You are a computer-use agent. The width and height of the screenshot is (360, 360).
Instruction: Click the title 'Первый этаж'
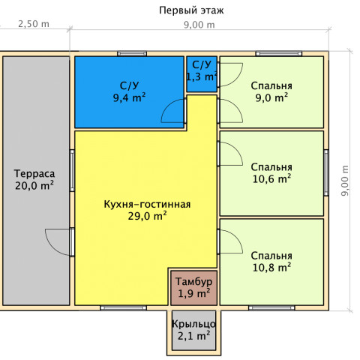(191, 10)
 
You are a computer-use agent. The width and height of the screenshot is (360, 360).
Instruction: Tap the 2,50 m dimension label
(34, 24)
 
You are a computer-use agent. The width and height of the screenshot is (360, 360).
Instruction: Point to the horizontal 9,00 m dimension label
(199, 25)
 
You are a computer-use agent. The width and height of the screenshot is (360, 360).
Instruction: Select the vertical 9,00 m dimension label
(345, 181)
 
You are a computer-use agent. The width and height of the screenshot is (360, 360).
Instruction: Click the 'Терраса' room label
(34, 173)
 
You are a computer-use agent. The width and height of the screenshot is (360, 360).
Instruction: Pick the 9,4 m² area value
(129, 97)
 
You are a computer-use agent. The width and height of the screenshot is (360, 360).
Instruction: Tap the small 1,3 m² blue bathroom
(202, 74)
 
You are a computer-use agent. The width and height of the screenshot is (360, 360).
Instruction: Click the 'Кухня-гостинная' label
(147, 204)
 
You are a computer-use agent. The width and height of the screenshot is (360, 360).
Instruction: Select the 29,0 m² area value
(148, 216)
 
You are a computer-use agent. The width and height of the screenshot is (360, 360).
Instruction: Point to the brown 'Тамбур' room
(193, 288)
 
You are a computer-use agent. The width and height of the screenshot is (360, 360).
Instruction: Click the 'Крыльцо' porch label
(193, 324)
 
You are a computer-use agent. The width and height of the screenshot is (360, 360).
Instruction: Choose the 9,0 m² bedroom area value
(271, 97)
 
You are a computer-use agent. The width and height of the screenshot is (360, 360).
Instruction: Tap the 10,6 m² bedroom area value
(271, 179)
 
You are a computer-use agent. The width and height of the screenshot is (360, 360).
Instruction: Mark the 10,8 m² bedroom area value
(271, 268)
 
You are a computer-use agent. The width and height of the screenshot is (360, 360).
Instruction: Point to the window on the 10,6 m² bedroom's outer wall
(326, 172)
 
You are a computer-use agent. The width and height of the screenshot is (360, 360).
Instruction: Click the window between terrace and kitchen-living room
(72, 170)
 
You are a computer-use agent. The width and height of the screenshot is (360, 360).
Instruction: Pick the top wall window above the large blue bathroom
(132, 54)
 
